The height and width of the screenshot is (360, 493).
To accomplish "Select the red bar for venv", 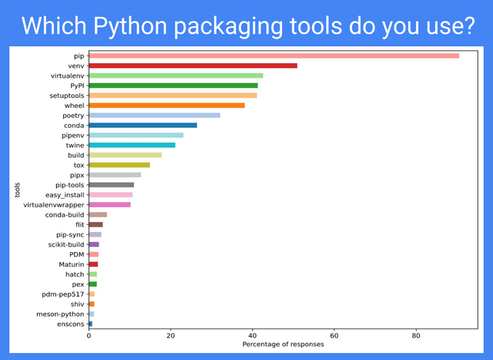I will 193,66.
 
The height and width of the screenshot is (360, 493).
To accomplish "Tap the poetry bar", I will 154,115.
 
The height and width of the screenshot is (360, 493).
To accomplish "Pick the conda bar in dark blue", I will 143,125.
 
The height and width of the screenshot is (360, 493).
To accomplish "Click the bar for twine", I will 132,145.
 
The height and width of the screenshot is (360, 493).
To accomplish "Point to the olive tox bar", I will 119,165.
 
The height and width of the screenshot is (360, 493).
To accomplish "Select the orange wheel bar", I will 166,105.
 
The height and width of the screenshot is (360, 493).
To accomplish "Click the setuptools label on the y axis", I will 65,96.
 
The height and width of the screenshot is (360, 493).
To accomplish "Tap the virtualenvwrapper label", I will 54,205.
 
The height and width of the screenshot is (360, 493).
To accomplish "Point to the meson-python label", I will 60,315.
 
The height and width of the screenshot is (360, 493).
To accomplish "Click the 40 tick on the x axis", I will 253,335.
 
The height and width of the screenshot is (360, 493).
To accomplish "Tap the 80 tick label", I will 416,335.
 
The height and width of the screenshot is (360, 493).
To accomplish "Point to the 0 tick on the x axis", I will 89,335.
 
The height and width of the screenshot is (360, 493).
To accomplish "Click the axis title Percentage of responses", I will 283,345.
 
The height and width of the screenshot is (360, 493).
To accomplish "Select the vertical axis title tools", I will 17,190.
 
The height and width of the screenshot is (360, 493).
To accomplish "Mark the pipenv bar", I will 136,135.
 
